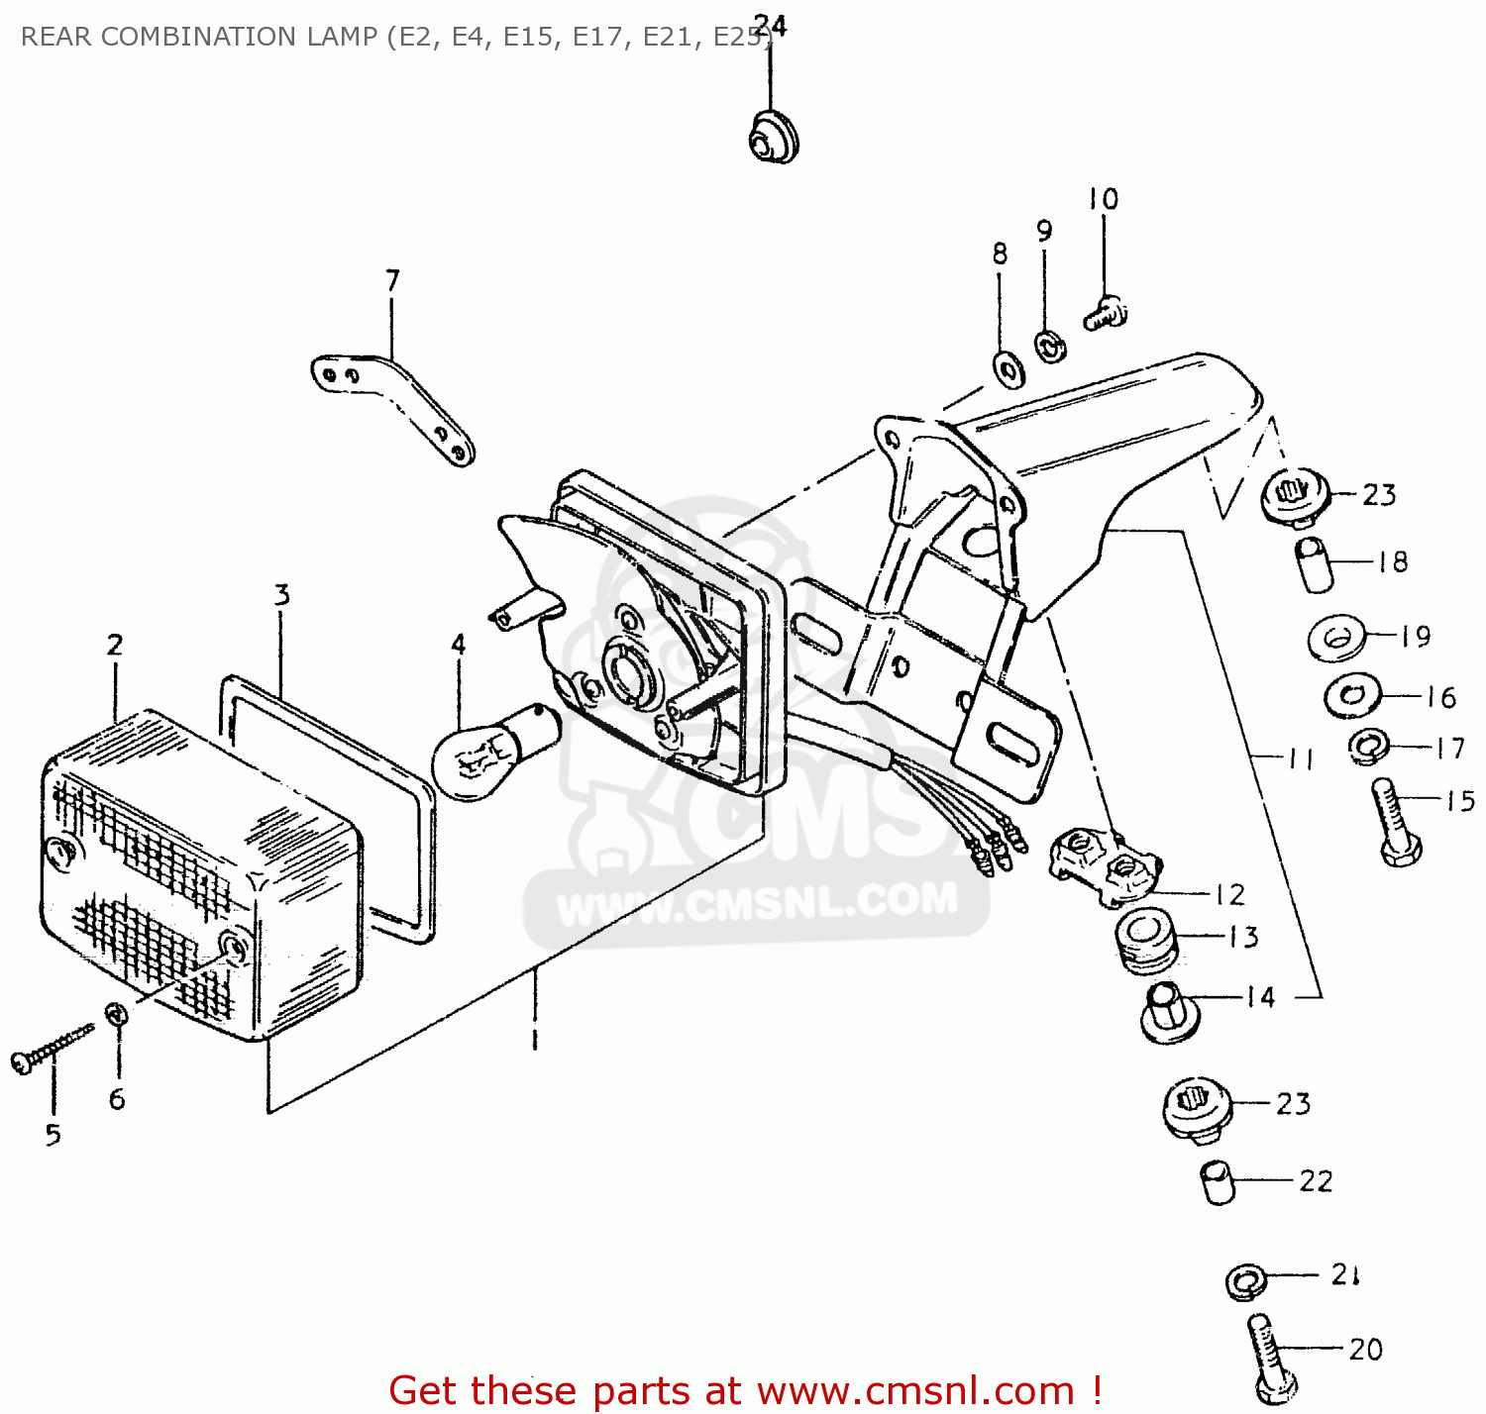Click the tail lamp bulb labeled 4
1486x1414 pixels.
(491, 752)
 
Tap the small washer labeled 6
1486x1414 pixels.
(116, 1014)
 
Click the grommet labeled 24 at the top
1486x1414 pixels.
(773, 138)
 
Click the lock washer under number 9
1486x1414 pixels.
(1049, 346)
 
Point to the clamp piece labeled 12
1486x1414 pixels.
(1104, 863)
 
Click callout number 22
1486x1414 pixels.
(1316, 1180)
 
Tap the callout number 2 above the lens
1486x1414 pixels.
(115, 645)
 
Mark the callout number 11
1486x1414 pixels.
(1300, 758)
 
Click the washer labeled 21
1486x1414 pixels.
(1245, 1281)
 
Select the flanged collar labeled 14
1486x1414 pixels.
(1170, 1012)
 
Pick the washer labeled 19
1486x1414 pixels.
(1336, 639)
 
